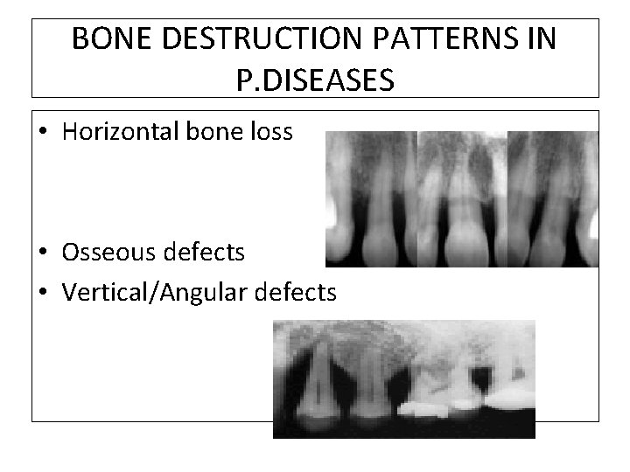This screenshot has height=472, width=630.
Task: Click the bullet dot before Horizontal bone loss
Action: point(42,132)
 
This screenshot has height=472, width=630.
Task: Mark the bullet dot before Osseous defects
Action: point(42,253)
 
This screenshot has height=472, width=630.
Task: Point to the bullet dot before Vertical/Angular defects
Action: point(42,293)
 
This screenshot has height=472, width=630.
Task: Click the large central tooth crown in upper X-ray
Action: point(465,236)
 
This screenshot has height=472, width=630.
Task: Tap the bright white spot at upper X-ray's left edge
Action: point(332,210)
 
